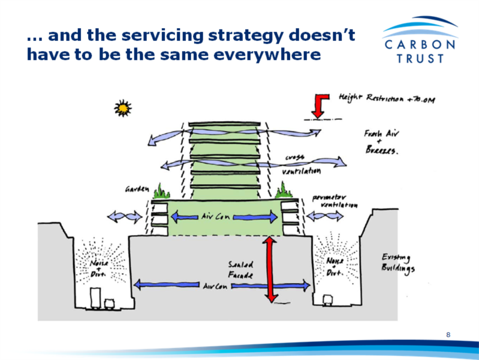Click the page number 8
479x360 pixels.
click(x=448, y=334)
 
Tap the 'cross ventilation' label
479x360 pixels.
click(x=301, y=163)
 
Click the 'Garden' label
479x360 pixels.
click(x=137, y=190)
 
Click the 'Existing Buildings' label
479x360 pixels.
click(x=397, y=262)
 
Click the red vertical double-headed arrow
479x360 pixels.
click(x=270, y=269)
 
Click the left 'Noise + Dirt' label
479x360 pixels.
click(x=99, y=268)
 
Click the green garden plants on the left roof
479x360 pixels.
click(x=161, y=193)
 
